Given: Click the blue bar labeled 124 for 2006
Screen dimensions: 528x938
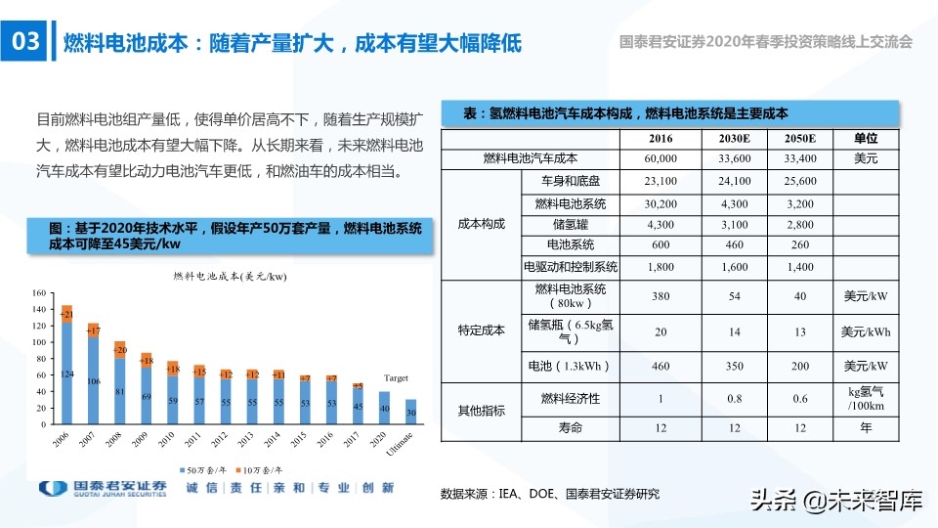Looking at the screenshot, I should (66, 374).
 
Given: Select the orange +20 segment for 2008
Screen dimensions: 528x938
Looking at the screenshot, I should (119, 349).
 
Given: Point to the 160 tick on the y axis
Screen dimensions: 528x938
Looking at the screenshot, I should (39, 293).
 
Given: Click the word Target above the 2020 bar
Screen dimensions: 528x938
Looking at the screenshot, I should (396, 377).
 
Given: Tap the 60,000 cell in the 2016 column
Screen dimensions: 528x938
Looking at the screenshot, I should (661, 158).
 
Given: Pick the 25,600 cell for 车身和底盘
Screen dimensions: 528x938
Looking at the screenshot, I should (799, 182).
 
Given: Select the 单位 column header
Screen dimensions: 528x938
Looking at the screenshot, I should (866, 140).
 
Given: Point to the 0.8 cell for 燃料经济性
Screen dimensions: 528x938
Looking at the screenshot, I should (734, 398).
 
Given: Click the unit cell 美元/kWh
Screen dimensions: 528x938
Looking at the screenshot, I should (866, 331).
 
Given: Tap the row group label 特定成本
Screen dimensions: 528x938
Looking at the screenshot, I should (481, 330).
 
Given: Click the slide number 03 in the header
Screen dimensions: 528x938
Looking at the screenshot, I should (23, 42).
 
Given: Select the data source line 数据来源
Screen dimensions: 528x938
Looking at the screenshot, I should (550, 494).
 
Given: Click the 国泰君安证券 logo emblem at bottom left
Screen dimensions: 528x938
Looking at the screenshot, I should (52, 489).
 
